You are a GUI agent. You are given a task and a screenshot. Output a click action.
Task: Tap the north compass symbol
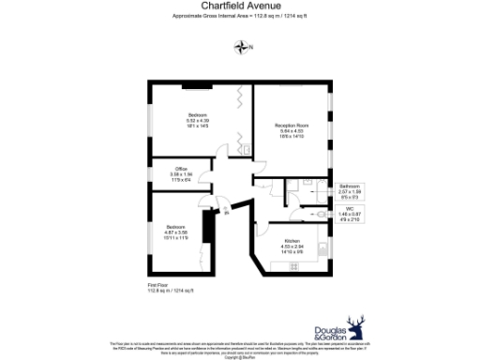tap(243, 47)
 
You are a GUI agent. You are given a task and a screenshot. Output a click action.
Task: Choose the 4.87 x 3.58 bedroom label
tap(176, 232)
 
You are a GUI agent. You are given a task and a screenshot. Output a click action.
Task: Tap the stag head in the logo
tap(355, 327)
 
